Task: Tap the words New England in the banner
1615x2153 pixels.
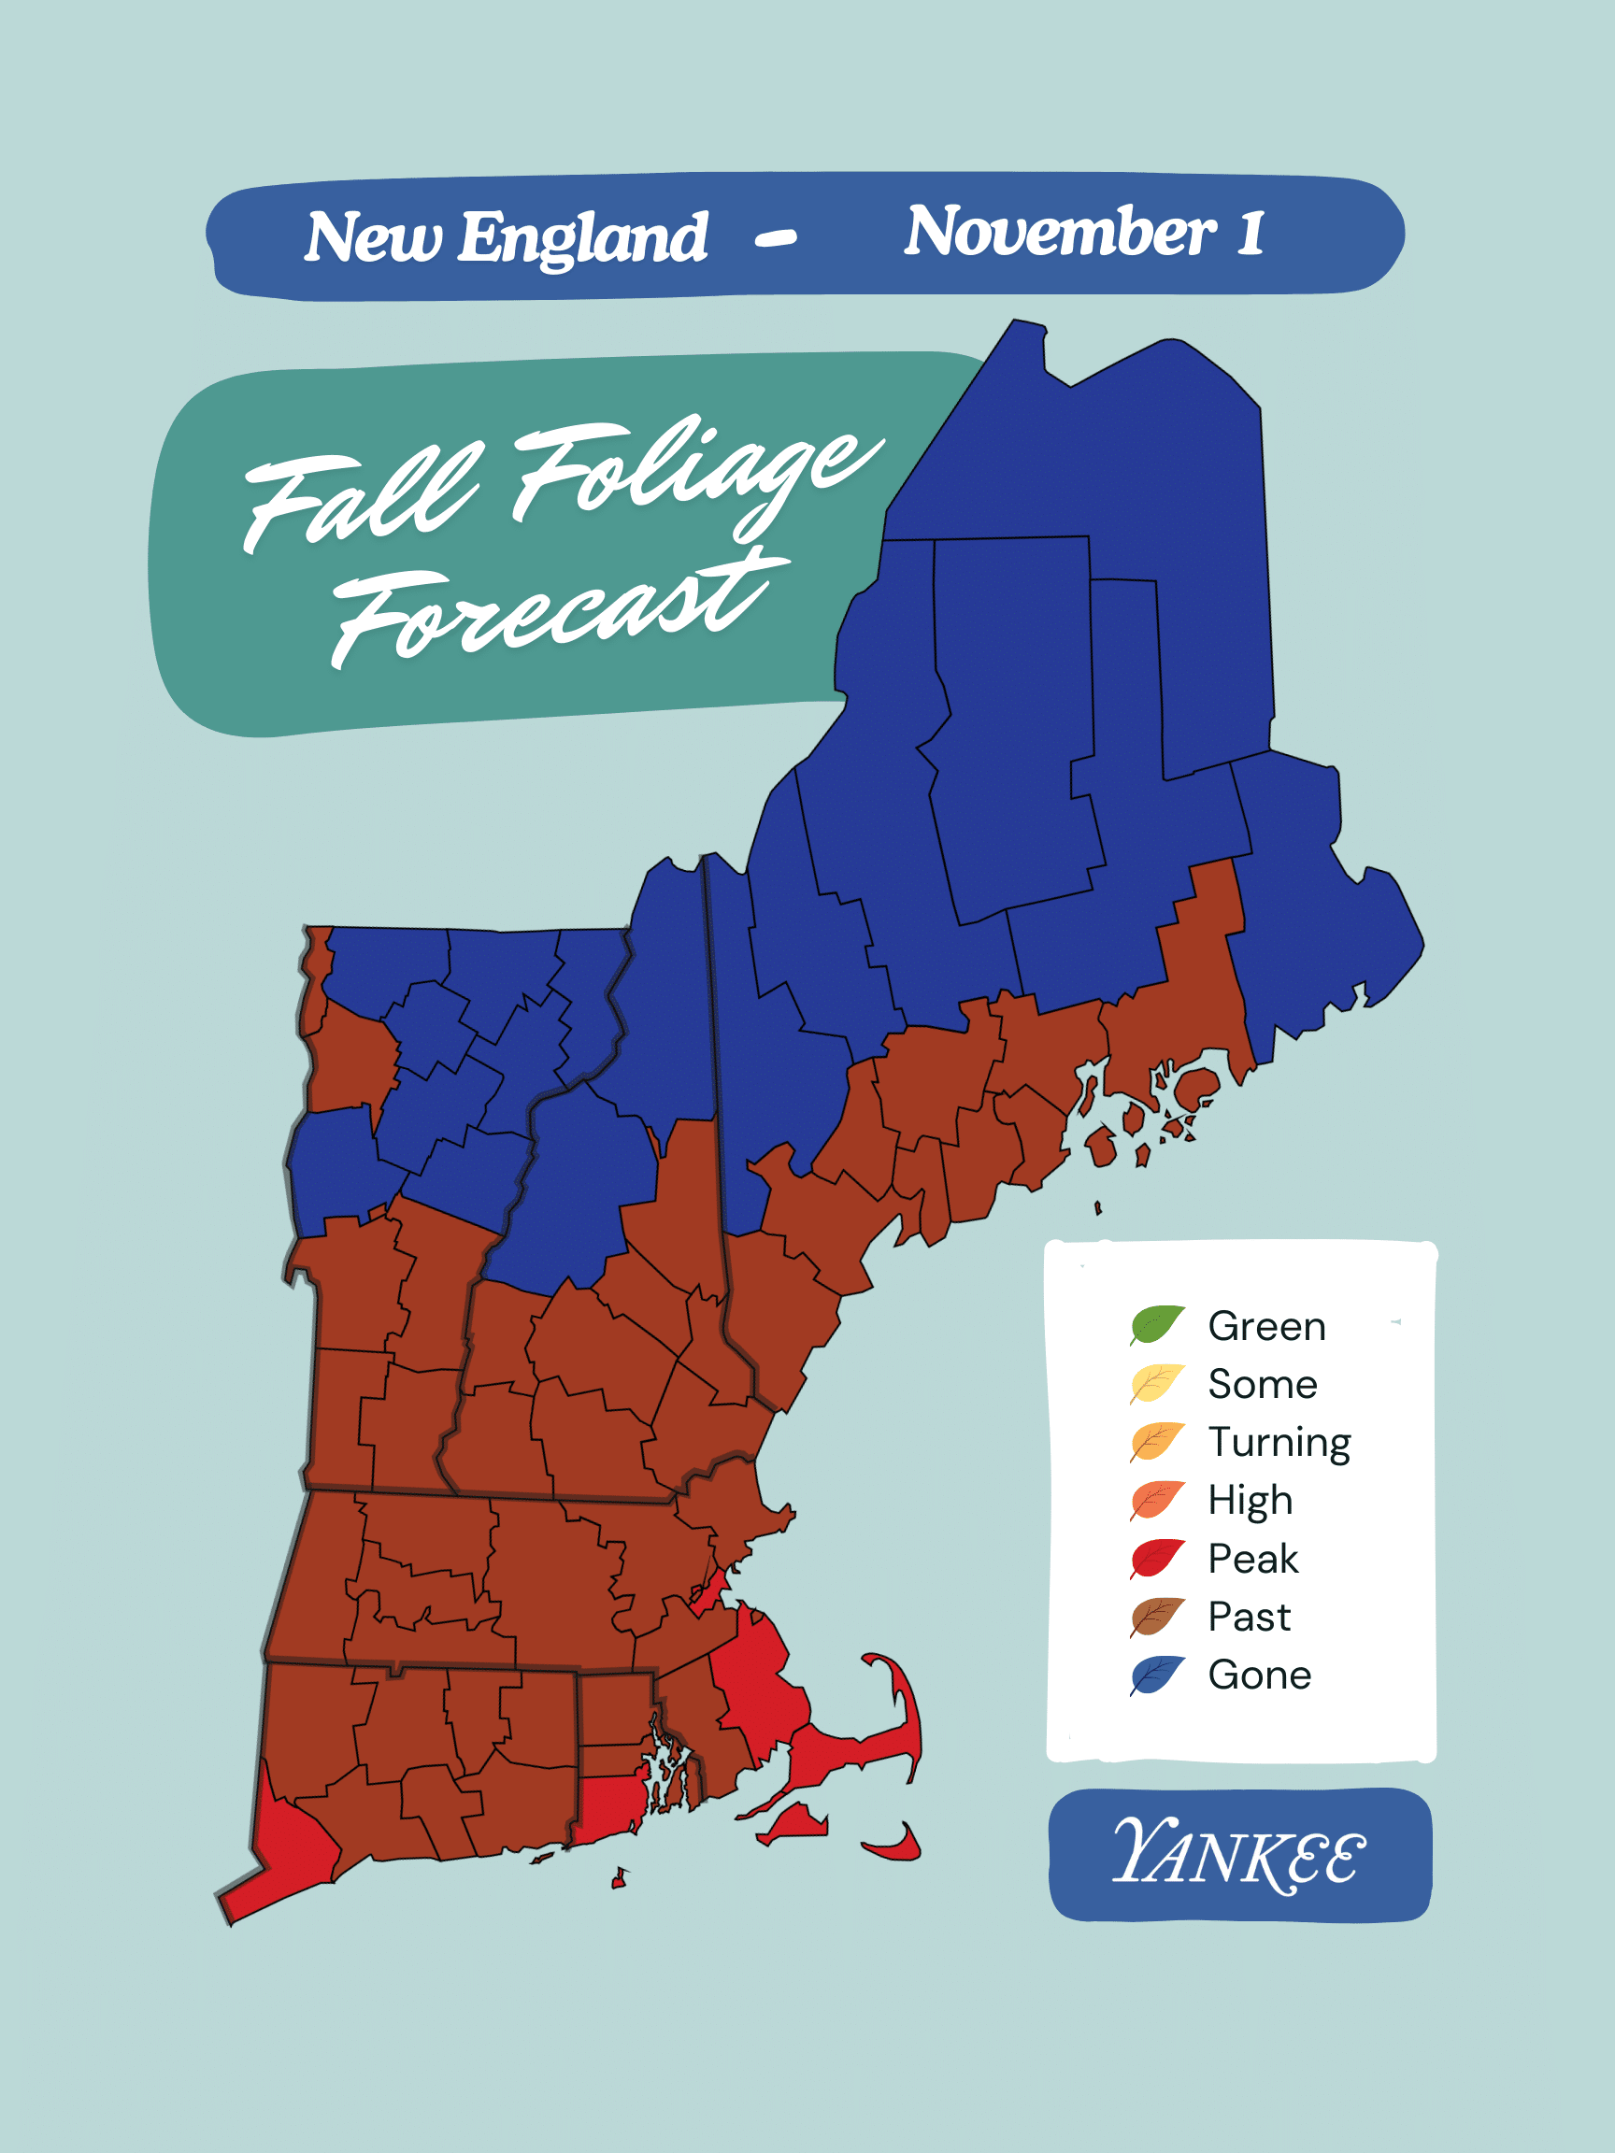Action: tap(507, 237)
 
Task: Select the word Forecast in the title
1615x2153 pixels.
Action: tap(555, 608)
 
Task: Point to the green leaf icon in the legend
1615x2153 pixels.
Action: tap(1156, 1325)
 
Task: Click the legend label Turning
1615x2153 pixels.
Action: tap(1279, 1442)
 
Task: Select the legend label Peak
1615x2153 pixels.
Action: tap(1253, 1559)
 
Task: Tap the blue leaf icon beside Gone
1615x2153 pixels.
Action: tap(1156, 1675)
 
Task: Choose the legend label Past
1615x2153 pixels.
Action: tap(1249, 1617)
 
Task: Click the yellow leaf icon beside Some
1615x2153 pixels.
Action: tap(1156, 1383)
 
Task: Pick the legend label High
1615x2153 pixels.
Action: tap(1250, 1500)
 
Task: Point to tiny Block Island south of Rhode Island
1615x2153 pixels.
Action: tap(619, 1878)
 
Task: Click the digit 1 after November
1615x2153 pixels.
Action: tap(1251, 234)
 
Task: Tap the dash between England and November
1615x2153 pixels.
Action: tap(776, 237)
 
